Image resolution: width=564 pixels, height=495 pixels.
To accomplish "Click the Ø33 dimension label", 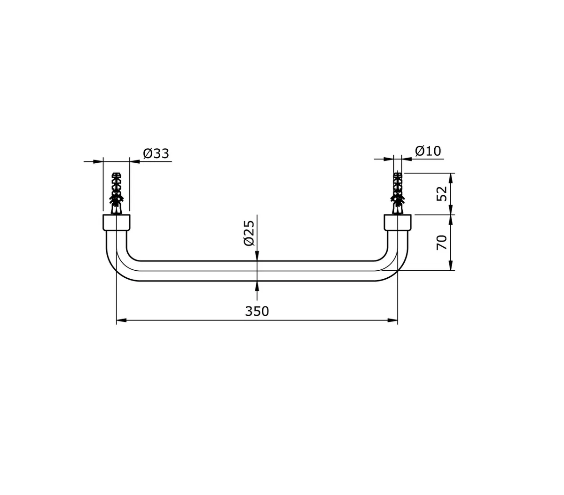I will [156, 153].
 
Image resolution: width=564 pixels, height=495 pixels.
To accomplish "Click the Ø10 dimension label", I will [428, 151].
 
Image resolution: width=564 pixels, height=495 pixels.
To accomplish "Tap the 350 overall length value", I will [257, 311].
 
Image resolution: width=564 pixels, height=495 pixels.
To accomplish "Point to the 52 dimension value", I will [441, 193].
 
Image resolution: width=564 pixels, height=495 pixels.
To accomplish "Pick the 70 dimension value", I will [441, 243].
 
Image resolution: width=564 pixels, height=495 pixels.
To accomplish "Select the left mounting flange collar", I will [116, 222].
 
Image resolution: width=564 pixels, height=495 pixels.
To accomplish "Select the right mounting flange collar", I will [398, 222].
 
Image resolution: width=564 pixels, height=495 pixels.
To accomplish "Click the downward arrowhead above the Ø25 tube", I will [257, 255].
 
